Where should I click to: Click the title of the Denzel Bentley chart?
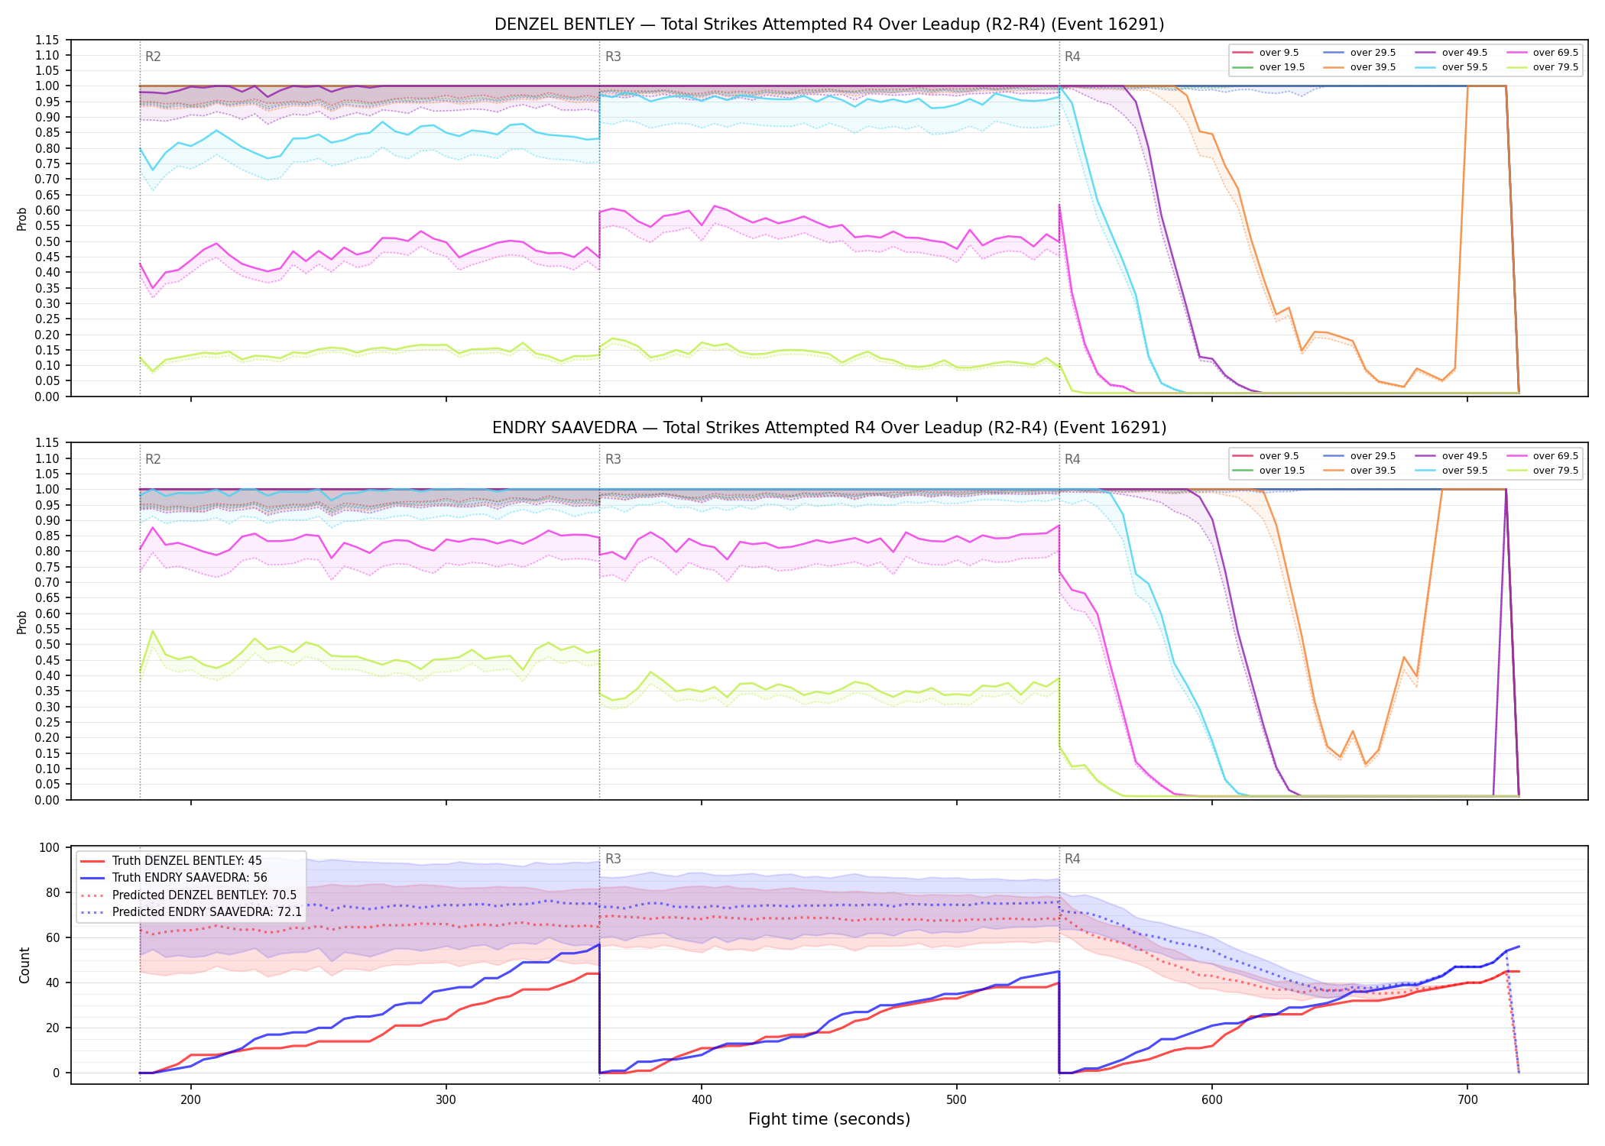pos(829,24)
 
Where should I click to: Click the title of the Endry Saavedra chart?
pos(829,428)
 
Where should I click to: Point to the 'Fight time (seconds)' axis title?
pos(829,1119)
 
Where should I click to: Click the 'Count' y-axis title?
pos(24,965)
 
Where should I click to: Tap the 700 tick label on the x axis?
pos(1467,1099)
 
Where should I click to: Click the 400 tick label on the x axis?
pos(702,1099)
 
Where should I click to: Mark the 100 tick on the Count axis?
pos(50,847)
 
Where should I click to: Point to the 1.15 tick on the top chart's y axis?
pos(47,40)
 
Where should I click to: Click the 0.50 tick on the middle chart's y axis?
pos(47,644)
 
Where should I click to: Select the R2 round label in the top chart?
pos(153,57)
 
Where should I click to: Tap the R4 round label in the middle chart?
pos(1072,459)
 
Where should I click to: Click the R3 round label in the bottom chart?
pos(613,859)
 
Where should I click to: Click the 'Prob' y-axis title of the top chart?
pos(22,219)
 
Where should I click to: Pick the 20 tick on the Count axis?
pos(53,1028)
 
